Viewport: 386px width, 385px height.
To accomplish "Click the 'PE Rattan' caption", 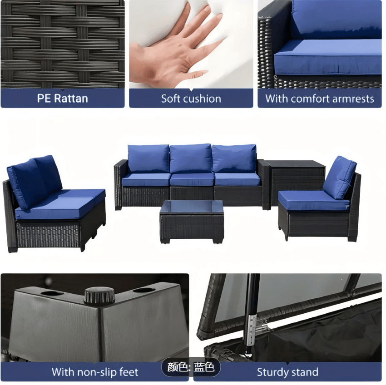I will tap(63, 99).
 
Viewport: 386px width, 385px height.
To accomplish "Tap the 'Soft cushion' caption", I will tap(191, 99).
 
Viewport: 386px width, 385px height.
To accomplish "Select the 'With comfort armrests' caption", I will tap(320, 99).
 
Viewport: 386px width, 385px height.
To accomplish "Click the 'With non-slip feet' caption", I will tap(94, 372).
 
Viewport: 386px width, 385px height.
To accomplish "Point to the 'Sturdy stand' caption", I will tap(287, 372).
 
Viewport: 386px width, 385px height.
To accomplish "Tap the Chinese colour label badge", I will tap(191, 367).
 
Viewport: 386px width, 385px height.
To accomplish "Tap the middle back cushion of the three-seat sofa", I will tap(191, 158).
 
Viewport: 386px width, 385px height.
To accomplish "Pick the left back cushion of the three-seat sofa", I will tap(148, 158).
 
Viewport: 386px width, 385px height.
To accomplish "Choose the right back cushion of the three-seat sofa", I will tap(234, 158).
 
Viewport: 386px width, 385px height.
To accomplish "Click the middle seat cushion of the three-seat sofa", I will tap(192, 179).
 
